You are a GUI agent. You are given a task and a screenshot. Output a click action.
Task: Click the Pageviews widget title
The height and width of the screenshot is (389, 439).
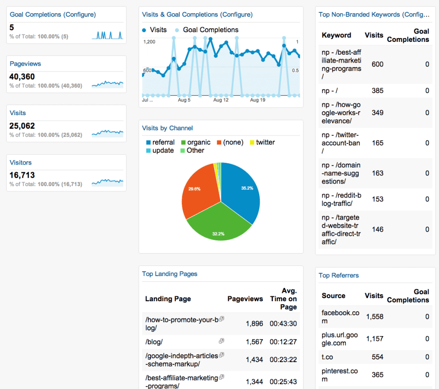tap(25, 64)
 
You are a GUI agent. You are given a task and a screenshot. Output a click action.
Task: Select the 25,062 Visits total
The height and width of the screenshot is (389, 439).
tap(22, 126)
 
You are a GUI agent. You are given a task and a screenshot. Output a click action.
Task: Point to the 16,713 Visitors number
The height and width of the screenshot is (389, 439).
tap(22, 175)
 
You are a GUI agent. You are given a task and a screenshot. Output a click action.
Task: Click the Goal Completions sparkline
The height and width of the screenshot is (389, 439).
tap(107, 35)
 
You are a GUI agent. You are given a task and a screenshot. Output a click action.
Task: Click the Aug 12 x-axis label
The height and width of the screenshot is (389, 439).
tap(221, 100)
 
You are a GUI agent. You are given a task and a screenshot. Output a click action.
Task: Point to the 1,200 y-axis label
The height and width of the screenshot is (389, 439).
tap(150, 42)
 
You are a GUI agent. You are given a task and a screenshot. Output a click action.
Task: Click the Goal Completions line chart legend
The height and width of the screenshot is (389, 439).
tap(210, 30)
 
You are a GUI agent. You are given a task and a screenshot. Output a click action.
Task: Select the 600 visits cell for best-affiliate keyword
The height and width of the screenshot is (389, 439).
tap(377, 64)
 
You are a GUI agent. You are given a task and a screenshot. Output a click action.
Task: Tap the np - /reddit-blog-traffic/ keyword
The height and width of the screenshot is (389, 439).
tap(341, 199)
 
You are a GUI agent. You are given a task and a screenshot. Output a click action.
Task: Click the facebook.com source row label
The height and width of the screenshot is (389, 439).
tap(341, 317)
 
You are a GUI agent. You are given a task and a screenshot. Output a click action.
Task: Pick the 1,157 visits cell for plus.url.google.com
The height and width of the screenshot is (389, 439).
tap(375, 339)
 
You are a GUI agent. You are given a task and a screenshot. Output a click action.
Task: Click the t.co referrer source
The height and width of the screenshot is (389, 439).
tap(327, 357)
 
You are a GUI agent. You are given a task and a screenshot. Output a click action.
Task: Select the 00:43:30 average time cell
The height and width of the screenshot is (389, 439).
tap(283, 324)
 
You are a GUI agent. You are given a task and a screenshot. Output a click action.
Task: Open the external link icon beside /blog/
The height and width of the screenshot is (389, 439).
tap(221, 341)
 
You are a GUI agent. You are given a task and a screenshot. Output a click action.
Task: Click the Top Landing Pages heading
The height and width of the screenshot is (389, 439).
tap(170, 274)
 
